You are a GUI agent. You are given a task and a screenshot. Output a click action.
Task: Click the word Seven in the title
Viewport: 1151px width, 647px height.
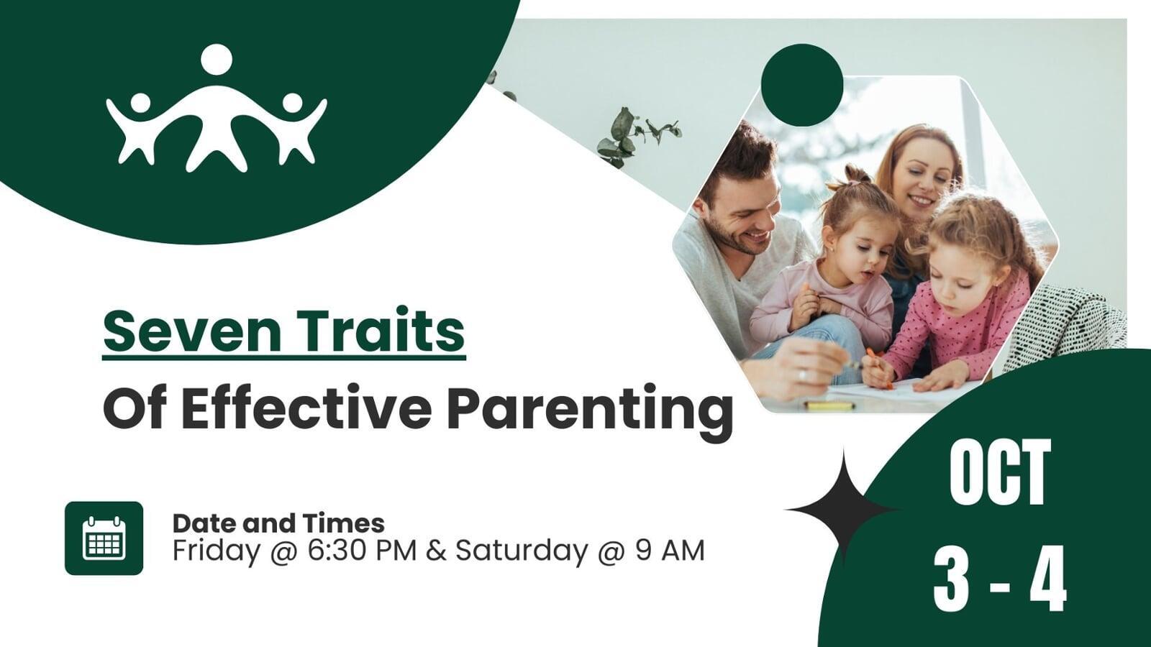[192, 330]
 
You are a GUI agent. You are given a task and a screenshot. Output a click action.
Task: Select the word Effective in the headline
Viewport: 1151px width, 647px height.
[306, 407]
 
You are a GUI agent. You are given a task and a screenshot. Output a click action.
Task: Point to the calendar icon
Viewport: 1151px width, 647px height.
[104, 538]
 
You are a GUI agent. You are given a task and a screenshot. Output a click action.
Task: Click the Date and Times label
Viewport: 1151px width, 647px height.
[278, 524]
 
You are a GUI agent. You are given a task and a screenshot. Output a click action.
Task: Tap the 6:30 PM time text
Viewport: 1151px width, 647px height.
[362, 551]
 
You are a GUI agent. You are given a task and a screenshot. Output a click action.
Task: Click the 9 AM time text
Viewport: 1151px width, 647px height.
[670, 551]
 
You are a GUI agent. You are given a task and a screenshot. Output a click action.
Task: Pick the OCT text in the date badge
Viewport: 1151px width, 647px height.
[999, 472]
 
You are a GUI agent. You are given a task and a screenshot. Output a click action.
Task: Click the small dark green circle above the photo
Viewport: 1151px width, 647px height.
[802, 86]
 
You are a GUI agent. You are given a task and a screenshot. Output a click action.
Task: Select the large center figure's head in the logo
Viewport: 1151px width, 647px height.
[217, 59]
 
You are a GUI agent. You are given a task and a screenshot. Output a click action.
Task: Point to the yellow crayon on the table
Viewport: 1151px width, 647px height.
[829, 405]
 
